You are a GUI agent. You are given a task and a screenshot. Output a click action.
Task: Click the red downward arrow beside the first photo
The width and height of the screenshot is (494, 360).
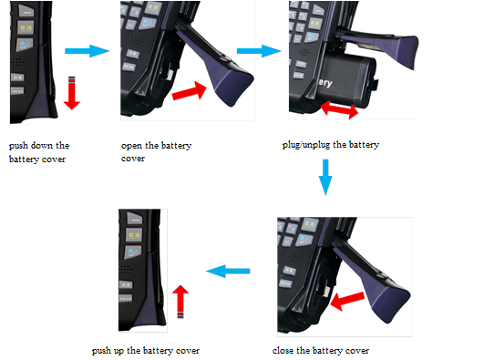coord(72,93)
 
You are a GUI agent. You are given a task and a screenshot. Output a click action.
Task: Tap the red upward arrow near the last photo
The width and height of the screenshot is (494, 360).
coord(180,302)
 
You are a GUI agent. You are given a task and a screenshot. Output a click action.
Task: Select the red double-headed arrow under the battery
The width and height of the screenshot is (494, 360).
coord(339,109)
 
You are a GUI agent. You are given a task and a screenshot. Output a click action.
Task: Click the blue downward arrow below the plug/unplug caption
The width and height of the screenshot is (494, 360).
coord(325,177)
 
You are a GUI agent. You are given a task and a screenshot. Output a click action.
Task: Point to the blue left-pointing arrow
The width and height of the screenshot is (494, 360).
coord(228,272)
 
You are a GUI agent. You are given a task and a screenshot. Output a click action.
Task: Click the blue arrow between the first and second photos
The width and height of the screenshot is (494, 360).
coord(87,51)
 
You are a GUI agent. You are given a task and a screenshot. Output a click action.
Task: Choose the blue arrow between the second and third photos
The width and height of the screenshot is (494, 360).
coord(259,51)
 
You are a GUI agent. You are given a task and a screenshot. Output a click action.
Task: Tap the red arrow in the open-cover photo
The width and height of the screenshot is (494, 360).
coord(189,91)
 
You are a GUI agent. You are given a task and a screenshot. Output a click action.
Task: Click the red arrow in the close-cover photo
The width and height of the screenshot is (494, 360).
coord(347,301)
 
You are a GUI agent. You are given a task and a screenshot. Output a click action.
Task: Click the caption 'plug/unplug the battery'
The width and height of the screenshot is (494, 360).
coord(331,145)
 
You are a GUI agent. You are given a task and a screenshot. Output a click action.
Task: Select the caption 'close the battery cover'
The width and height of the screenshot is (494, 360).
coord(321,350)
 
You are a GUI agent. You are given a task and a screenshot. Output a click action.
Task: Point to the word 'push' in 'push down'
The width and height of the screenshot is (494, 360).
coord(18,146)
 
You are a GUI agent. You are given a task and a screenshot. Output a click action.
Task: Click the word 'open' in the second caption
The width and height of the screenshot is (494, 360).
coord(131,146)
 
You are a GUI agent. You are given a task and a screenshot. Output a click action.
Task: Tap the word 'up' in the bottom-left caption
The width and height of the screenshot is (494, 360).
coord(118,351)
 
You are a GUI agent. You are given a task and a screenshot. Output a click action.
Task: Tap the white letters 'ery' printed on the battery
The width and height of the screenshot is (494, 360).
coord(324,83)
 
